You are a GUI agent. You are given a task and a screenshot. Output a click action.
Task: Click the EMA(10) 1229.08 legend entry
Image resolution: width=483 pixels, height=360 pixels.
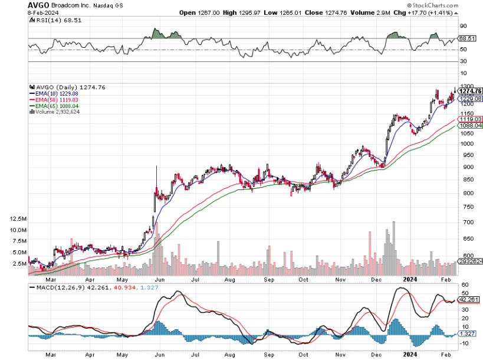pyautogui.click(x=52, y=93)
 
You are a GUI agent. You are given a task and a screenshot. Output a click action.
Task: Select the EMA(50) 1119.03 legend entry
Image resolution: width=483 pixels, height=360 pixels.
pyautogui.click(x=52, y=100)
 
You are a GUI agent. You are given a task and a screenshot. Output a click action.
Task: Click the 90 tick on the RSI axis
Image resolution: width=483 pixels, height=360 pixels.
pyautogui.click(x=464, y=26)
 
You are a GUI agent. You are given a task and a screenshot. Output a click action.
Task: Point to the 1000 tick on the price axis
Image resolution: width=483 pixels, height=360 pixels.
pyautogui.click(x=466, y=143)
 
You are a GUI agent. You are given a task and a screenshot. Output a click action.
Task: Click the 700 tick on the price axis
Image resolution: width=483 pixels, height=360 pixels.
pyautogui.click(x=465, y=222)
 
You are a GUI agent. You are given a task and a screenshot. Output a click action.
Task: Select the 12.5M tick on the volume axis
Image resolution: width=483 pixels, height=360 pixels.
pyautogui.click(x=18, y=219)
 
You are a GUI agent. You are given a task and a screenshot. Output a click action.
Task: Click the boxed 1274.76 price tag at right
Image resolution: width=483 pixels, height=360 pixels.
pyautogui.click(x=471, y=91)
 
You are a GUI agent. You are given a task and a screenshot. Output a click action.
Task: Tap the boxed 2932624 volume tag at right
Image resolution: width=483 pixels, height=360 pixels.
pyautogui.click(x=471, y=261)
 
